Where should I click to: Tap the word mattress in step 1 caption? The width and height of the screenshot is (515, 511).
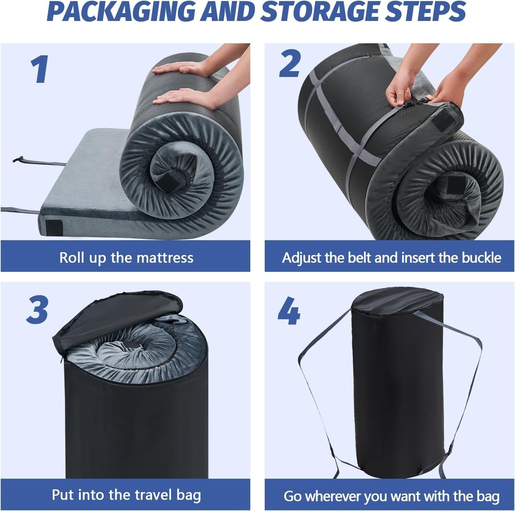165,257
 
